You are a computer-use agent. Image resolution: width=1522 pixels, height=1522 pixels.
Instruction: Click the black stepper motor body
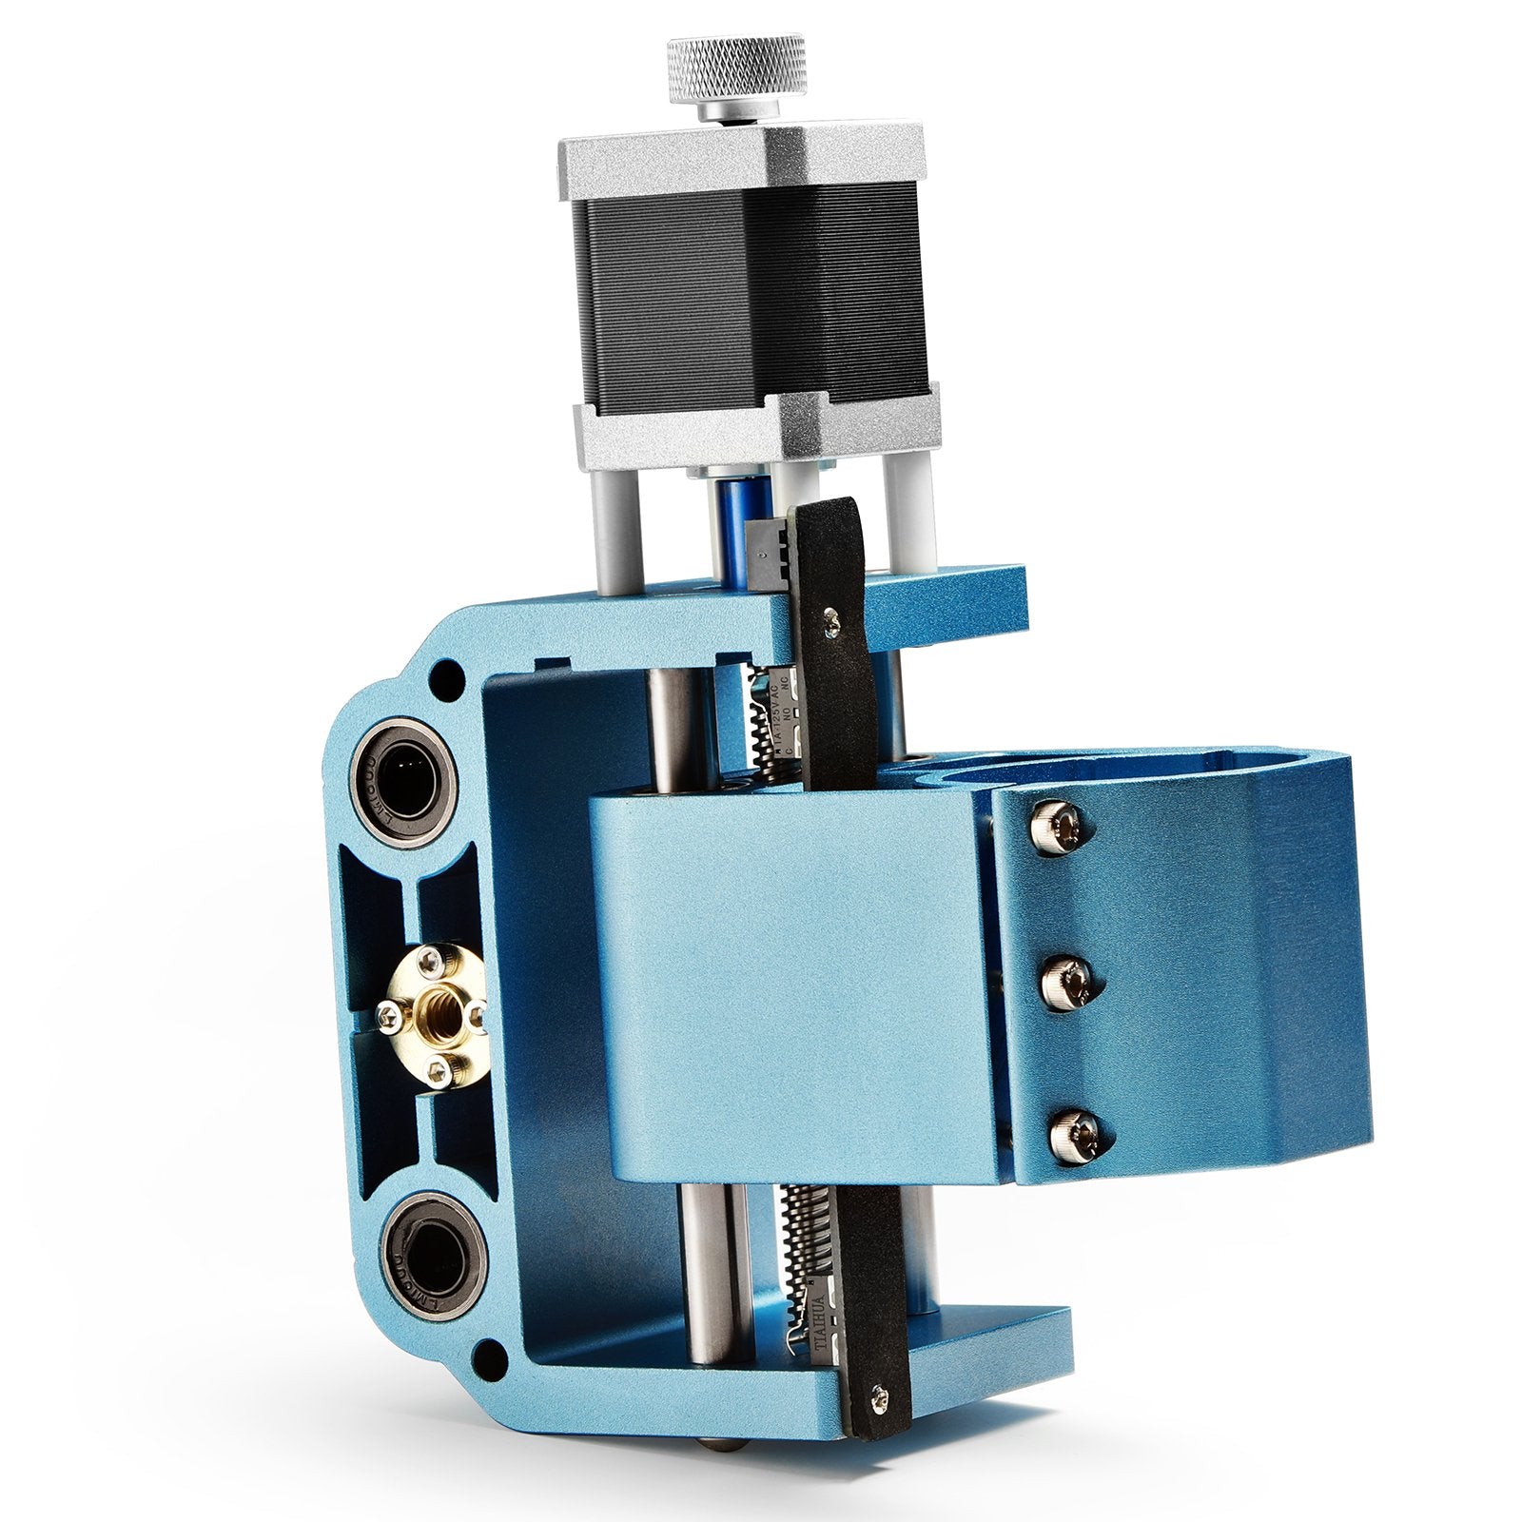pyautogui.click(x=751, y=285)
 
